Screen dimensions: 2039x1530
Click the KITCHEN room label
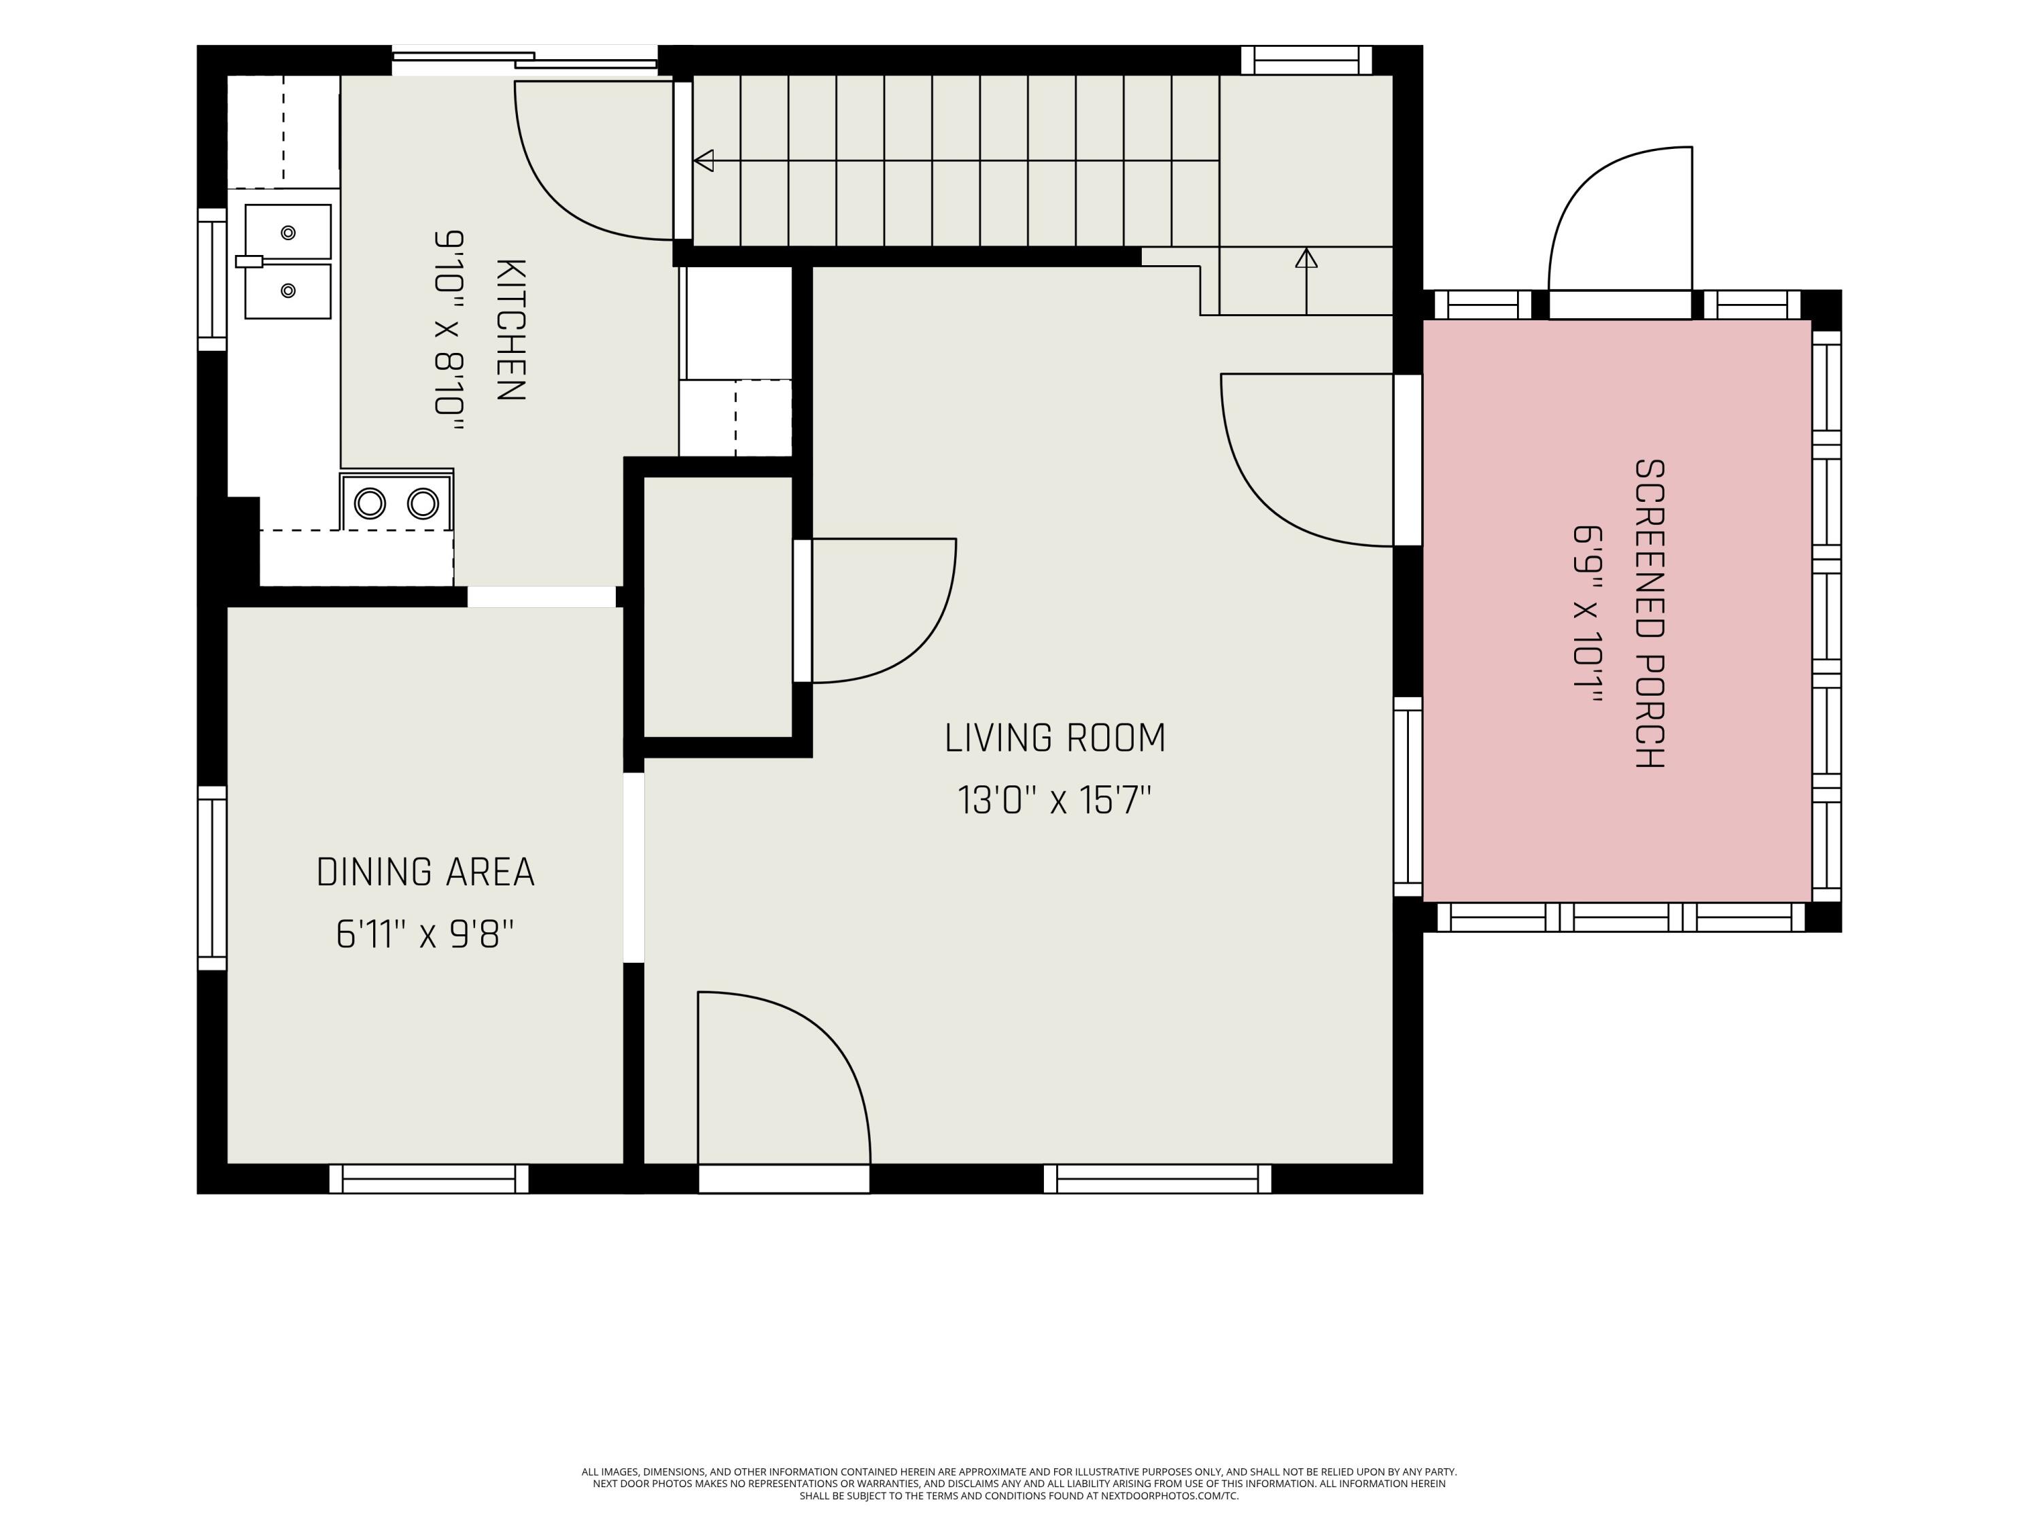(x=510, y=330)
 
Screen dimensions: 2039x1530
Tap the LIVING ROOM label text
(x=1055, y=738)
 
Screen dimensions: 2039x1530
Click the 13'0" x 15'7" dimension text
(x=1055, y=800)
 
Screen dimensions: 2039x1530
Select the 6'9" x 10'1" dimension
(x=1586, y=613)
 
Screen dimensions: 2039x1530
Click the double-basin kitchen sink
(x=287, y=262)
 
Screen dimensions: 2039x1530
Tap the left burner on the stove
(x=370, y=504)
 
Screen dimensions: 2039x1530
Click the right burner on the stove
(x=423, y=504)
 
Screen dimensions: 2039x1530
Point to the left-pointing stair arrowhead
(x=703, y=160)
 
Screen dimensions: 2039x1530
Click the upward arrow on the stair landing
(x=1306, y=282)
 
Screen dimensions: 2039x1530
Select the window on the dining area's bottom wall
(x=429, y=1178)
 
